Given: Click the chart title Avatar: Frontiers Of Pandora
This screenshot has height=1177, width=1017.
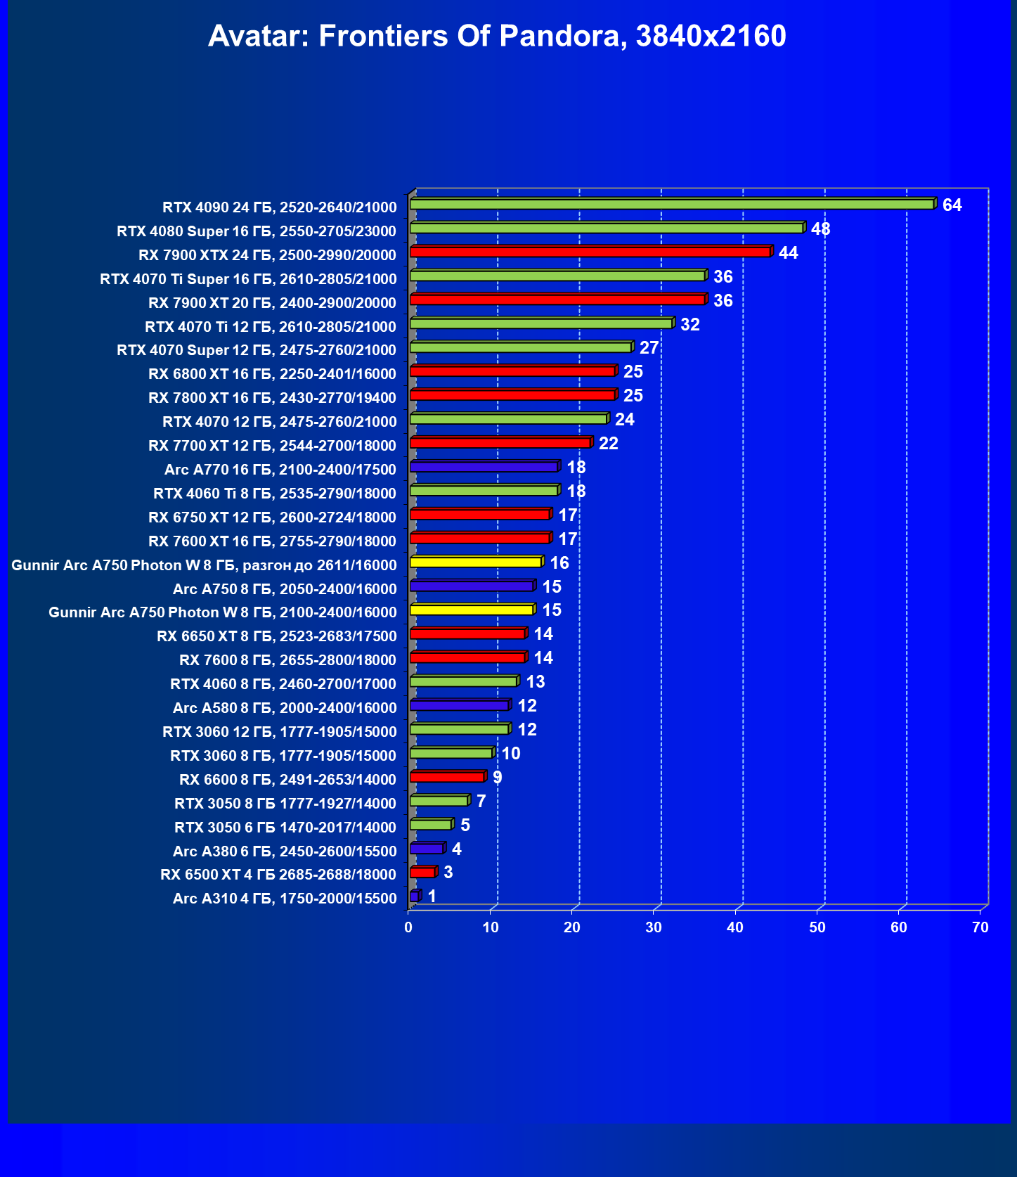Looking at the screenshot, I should click(x=497, y=36).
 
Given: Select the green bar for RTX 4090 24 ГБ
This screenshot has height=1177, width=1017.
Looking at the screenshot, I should click(x=671, y=205).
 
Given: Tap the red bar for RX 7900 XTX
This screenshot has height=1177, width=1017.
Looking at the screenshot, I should click(x=590, y=252).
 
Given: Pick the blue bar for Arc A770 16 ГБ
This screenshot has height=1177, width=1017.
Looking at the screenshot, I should click(x=484, y=467).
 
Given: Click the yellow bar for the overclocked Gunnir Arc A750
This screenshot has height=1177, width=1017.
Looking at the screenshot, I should click(x=475, y=562).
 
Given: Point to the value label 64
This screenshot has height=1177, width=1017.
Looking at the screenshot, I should click(x=952, y=205).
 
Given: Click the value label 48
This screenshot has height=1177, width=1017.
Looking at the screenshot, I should click(x=820, y=229).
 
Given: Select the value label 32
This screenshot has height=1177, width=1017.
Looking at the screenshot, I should click(x=689, y=325).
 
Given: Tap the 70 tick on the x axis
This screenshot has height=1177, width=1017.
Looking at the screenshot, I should click(x=980, y=927).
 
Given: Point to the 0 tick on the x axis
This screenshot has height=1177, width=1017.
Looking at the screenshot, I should click(x=408, y=927).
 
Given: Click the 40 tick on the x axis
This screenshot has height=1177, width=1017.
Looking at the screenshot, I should click(x=735, y=927).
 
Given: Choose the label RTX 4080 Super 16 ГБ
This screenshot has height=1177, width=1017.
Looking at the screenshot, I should click(x=257, y=231).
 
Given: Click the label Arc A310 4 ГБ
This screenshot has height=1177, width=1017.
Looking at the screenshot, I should click(x=285, y=899).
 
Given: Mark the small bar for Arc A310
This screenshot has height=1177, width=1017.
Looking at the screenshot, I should click(x=414, y=896).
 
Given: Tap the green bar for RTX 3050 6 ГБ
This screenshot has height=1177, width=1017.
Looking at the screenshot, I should click(x=431, y=825).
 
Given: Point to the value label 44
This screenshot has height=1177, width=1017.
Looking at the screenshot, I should click(x=788, y=253).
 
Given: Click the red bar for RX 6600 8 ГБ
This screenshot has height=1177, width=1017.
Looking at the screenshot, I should click(x=447, y=777).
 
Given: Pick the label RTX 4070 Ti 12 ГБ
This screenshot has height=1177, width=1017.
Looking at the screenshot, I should click(x=271, y=327).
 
